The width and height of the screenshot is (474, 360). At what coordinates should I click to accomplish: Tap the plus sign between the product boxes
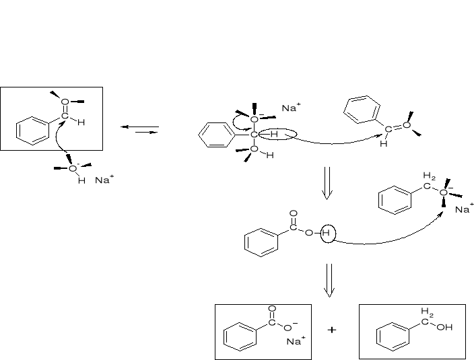click(331, 330)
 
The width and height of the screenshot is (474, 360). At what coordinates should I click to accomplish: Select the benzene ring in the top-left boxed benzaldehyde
click(32, 131)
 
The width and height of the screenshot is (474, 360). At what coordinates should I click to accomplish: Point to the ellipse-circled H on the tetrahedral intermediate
click(275, 135)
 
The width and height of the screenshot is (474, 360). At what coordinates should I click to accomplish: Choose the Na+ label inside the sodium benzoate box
click(295, 341)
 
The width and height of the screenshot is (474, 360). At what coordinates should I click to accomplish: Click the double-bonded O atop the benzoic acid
click(293, 214)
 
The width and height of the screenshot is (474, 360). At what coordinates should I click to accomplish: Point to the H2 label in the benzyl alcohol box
click(427, 312)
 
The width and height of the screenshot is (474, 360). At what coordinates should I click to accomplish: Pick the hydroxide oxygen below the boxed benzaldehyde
click(73, 168)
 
